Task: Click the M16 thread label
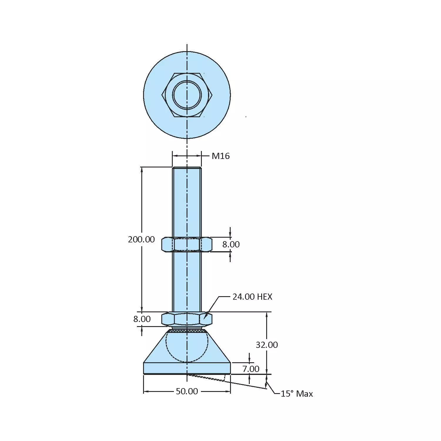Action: [x=220, y=156]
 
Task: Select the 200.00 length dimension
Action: [x=141, y=239]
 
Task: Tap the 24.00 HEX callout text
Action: [x=252, y=297]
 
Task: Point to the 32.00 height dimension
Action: [x=266, y=345]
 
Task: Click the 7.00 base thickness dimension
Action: [x=251, y=369]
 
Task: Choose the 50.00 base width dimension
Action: [x=187, y=391]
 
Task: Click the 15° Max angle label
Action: [x=296, y=394]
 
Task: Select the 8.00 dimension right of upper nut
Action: [x=231, y=244]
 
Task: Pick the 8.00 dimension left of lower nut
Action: [x=142, y=319]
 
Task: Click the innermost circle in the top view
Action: [x=187, y=95]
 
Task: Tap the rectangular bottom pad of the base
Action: [x=165, y=368]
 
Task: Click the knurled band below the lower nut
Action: [x=187, y=331]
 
